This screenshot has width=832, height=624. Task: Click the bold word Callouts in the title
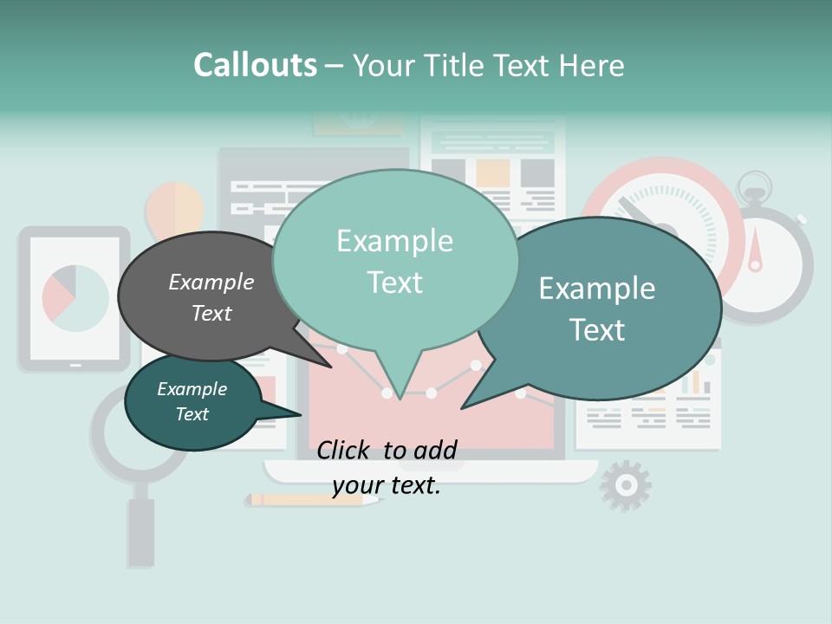click(x=255, y=65)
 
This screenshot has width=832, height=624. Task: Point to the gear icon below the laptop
click(x=625, y=485)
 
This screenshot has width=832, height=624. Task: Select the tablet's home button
click(x=75, y=365)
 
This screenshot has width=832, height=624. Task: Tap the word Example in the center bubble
click(x=394, y=241)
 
